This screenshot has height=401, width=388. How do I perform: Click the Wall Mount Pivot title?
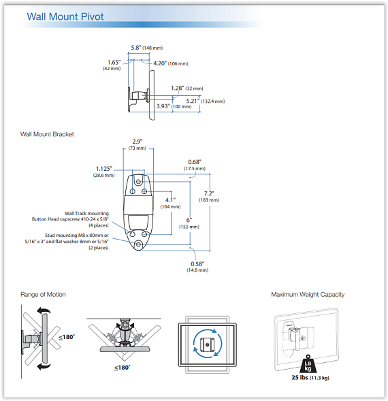[65, 16]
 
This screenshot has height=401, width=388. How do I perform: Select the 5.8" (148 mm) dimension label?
[147, 48]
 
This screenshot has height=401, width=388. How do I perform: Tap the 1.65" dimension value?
[114, 63]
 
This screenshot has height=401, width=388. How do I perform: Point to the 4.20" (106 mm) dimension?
[171, 63]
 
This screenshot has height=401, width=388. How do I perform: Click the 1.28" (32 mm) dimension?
[187, 89]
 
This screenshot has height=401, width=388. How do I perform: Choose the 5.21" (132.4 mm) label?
[206, 101]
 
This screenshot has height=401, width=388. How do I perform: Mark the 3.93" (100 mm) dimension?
[174, 106]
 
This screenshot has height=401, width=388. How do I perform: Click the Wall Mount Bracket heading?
[47, 134]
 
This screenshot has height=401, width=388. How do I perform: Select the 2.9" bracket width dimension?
[138, 145]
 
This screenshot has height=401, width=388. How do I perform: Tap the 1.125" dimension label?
[104, 172]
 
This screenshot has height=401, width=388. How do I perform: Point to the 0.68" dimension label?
[195, 165]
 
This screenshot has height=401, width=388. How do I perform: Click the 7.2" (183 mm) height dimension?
[209, 196]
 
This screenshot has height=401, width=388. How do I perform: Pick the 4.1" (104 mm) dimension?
[170, 203]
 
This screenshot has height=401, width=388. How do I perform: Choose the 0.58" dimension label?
[197, 267]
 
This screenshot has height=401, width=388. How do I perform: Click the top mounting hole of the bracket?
[138, 182]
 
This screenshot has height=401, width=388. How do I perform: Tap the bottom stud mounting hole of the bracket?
[138, 244]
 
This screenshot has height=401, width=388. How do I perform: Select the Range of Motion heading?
[43, 295]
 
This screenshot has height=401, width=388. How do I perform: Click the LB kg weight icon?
[308, 364]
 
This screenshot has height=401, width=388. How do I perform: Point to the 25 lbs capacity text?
[310, 378]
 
